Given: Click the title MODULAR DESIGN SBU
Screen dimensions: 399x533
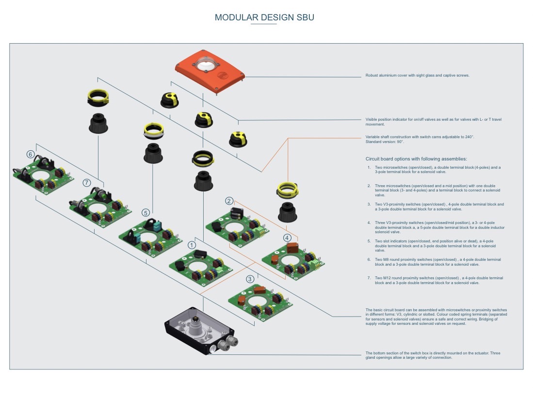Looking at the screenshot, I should coord(264,17).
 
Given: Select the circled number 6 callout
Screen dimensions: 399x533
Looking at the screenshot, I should coord(31,155).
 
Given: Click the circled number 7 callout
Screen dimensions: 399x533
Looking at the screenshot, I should coord(87,183).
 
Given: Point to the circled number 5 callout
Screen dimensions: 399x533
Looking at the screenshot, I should coord(145,213).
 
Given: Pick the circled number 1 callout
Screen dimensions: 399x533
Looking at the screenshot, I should coord(192,245).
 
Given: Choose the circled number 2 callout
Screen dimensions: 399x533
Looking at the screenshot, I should coord(229,201).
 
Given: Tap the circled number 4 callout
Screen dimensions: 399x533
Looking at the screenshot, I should coord(288,238).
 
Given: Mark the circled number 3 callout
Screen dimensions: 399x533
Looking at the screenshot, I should coord(250,279).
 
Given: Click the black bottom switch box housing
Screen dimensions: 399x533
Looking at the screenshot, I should coord(199,332).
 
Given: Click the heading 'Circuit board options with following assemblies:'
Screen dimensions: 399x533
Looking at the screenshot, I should coord(416,159).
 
